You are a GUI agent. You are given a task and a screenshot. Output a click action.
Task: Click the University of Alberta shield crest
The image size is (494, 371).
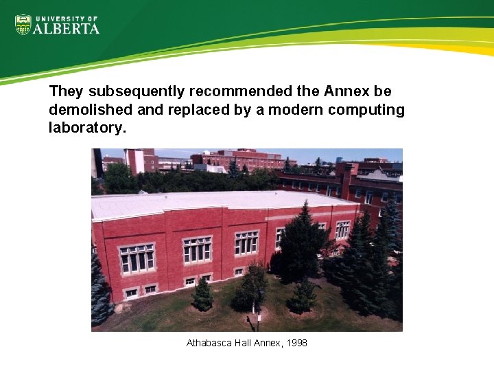(x=23, y=25)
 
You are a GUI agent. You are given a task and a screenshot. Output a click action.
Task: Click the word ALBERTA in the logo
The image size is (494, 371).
(x=67, y=28)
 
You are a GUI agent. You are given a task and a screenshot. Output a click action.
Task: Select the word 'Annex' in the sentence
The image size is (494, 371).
(x=347, y=91)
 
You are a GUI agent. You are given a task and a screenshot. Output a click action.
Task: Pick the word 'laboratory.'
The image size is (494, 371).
(x=88, y=128)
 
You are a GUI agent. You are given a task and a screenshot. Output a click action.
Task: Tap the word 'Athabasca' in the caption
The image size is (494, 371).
(x=209, y=342)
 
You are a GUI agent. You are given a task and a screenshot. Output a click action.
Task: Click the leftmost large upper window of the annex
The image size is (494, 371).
(x=137, y=258)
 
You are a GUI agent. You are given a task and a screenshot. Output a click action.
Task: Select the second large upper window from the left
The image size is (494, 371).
(x=197, y=249)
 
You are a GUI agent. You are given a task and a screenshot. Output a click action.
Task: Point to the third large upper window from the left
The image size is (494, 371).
(x=246, y=242)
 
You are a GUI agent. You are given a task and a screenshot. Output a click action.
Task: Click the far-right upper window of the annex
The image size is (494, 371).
(x=342, y=229)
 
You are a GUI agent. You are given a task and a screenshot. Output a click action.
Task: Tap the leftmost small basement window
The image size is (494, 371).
(x=130, y=293)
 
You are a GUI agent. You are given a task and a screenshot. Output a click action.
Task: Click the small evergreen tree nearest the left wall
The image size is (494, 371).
(x=202, y=295)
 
